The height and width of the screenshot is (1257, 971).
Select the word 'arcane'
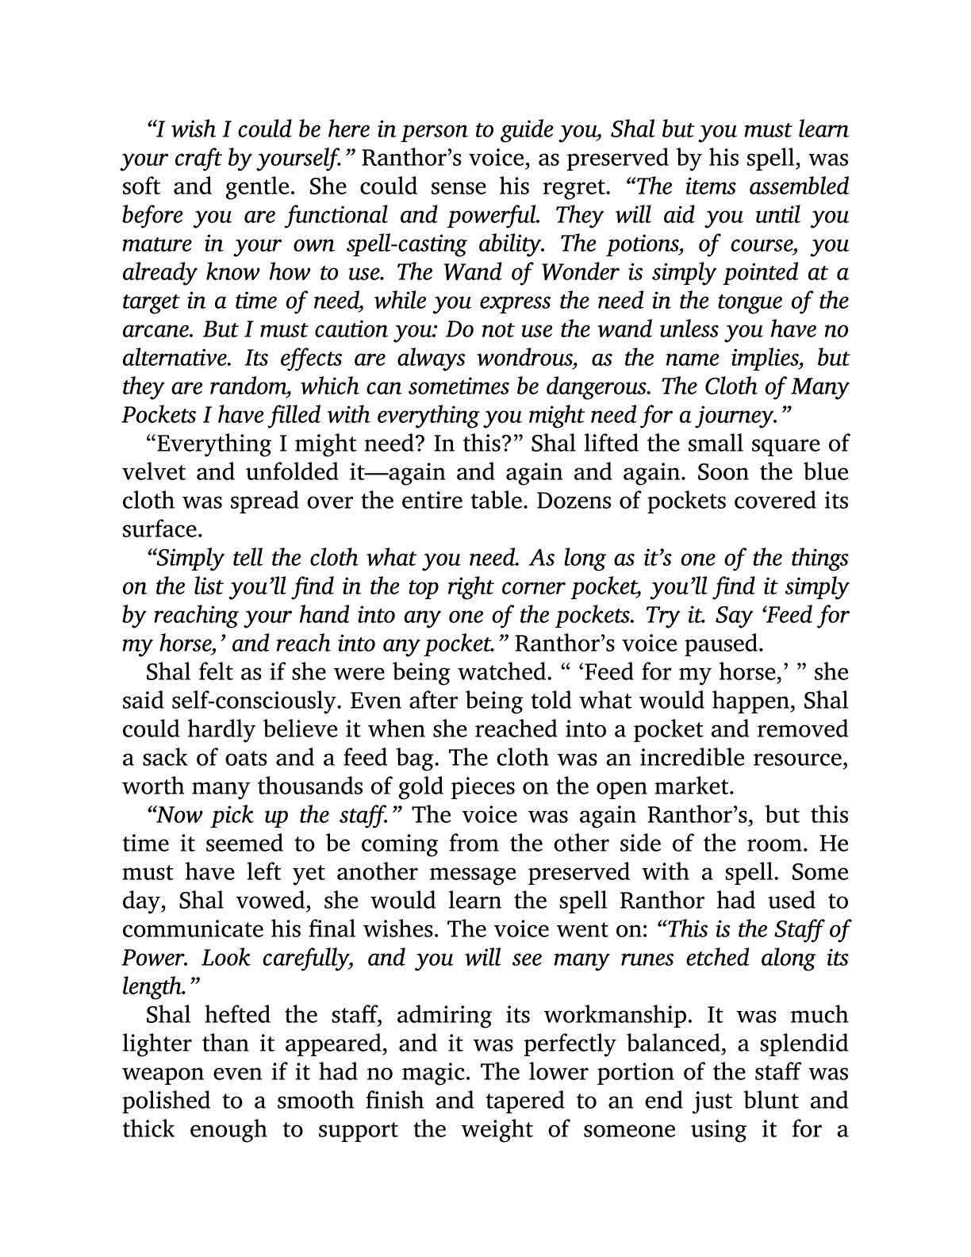point(149,329)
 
